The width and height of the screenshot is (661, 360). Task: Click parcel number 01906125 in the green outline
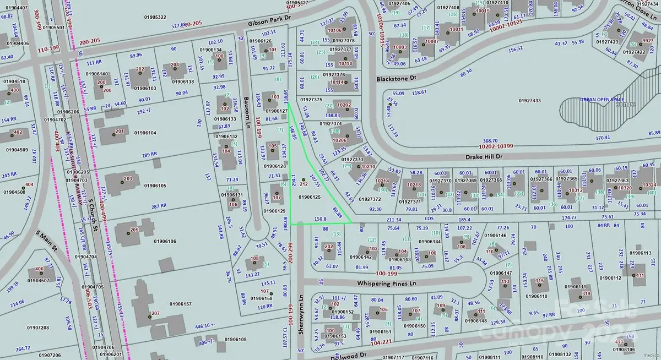point(310,197)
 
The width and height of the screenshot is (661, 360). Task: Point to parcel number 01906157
point(180,304)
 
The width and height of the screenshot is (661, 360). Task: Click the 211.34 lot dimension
point(393,219)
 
